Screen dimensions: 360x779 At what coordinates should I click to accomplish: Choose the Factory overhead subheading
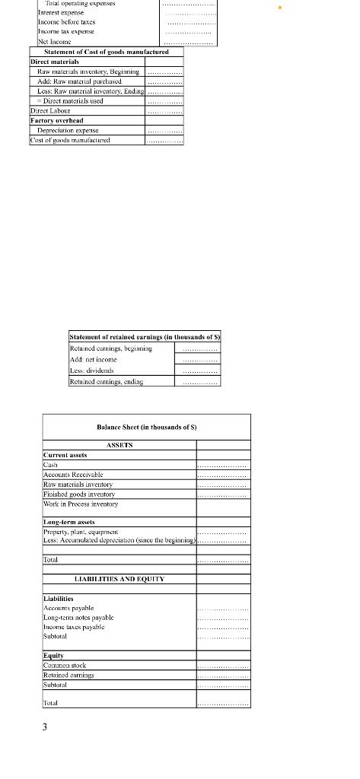(x=56, y=120)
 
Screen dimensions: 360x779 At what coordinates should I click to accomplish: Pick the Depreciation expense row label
(x=72, y=130)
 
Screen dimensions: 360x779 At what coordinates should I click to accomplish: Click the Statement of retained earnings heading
(x=144, y=336)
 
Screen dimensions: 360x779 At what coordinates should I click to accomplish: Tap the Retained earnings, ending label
(x=106, y=381)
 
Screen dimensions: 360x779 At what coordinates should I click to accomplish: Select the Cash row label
(x=51, y=464)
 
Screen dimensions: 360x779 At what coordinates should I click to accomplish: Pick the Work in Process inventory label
(x=81, y=504)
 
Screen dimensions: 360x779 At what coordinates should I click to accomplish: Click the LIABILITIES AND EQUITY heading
(x=119, y=579)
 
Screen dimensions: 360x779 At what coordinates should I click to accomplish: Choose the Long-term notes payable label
(x=78, y=617)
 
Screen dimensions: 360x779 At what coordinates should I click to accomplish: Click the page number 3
(x=44, y=727)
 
